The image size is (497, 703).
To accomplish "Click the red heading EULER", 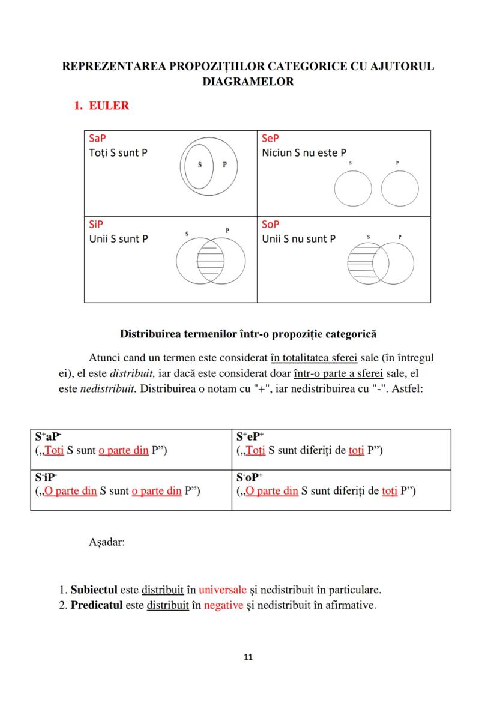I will coord(109,106).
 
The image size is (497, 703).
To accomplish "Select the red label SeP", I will coord(270,138).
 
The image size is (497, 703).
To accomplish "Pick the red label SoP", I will coord(271,224).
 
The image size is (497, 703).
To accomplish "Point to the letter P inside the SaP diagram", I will coord(224,165).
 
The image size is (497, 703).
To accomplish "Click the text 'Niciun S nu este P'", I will coord(304,152).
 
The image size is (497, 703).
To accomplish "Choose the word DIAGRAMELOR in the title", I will coord(248,81).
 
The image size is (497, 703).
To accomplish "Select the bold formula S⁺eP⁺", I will coord(250,436).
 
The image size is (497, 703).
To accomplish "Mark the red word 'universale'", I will coord(222,588).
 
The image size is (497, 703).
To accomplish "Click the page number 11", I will coord(248,657).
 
